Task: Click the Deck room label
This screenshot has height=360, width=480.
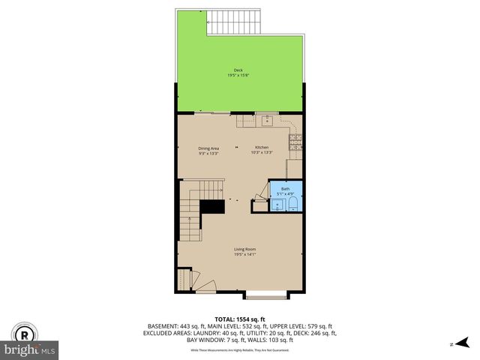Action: [x=238, y=71]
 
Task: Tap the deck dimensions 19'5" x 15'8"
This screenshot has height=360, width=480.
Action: [x=238, y=76]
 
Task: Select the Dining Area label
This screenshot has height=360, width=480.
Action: [x=208, y=148]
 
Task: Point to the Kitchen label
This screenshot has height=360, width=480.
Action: [x=261, y=147]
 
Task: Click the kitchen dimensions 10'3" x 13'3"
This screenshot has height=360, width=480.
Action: [x=261, y=153]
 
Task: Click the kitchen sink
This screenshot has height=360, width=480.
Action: [x=266, y=120]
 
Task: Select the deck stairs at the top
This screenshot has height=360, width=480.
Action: [x=231, y=23]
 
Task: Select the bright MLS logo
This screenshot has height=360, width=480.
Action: [x=30, y=349]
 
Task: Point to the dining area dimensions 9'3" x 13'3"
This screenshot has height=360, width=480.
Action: [x=208, y=154]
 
